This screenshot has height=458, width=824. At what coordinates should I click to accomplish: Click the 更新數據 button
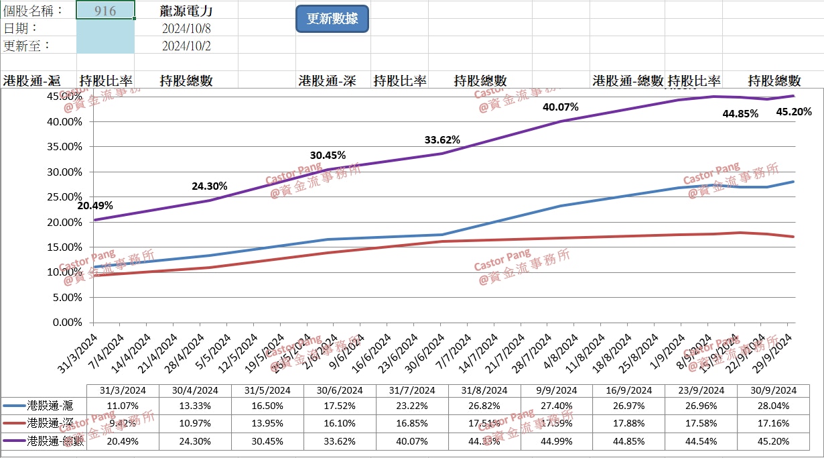[x=332, y=19]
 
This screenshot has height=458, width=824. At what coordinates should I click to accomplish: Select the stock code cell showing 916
[x=106, y=11]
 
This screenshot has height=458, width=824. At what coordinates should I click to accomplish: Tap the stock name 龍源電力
[x=187, y=11]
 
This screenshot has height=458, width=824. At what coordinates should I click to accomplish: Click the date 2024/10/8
[x=187, y=28]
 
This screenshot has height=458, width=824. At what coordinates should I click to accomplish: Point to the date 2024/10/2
[x=187, y=46]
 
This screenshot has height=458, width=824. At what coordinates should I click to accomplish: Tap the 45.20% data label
[x=794, y=111]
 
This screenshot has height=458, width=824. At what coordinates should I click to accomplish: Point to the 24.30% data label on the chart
[x=210, y=186]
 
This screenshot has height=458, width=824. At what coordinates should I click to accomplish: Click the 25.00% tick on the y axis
[x=66, y=197]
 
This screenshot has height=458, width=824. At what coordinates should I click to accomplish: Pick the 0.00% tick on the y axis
[x=67, y=323]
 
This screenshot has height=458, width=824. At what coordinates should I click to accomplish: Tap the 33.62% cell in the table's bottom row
[x=340, y=441]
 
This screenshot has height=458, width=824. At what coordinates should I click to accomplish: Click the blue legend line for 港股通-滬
[x=14, y=406]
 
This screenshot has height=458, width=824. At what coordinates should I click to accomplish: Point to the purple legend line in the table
[x=14, y=441]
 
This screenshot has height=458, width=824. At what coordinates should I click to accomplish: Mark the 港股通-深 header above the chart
[x=327, y=81]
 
